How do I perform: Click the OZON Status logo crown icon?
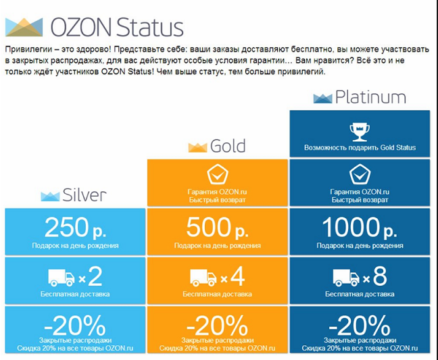pos(24,27)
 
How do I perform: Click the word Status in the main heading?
pos(150,27)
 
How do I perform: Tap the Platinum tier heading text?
pos(370,97)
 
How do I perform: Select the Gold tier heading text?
pos(228,146)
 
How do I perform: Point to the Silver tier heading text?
pos(84,195)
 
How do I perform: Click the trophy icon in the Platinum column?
pos(360,132)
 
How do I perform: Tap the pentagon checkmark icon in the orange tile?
pos(218,175)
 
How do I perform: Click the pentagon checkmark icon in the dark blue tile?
pos(360,175)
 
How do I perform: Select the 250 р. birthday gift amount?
pos(75,228)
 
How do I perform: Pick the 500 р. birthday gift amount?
pos(218,228)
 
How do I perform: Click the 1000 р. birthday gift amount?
pos(360,228)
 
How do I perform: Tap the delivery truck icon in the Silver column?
pos(62,278)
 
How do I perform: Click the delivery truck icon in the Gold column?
pos(203,278)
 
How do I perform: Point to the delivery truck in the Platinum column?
pos(346,278)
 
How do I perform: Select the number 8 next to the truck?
pos(380,276)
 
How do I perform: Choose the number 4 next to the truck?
pos(237,276)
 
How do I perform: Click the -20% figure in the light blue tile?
pos(75,326)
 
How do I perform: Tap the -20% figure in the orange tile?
pos(217,326)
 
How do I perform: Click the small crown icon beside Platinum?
pos(322,99)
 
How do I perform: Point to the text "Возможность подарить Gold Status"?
pos(360,148)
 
